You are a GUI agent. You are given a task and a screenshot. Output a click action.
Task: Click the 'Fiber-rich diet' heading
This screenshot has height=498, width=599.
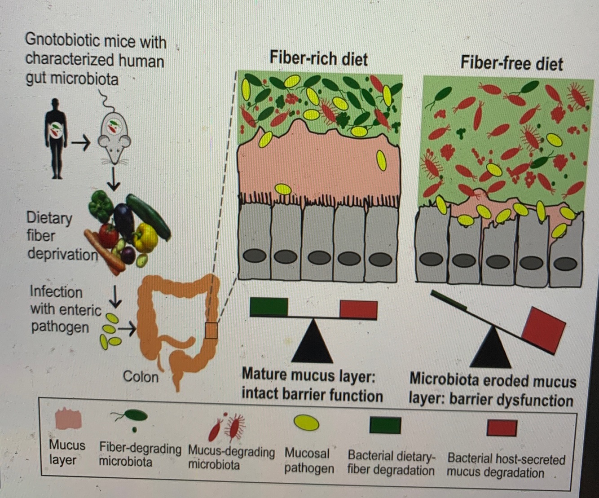(x=318, y=59)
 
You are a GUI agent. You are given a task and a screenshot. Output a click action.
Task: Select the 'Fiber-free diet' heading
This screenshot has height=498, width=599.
(x=511, y=63)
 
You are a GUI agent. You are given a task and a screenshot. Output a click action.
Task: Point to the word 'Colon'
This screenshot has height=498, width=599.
(x=141, y=376)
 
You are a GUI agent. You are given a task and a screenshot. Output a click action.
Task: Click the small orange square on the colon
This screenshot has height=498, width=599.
(x=211, y=331)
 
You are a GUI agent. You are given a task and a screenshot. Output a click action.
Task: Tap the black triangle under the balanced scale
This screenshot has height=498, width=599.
(x=312, y=342)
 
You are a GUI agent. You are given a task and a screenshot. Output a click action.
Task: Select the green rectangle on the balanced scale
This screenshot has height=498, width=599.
(x=269, y=306)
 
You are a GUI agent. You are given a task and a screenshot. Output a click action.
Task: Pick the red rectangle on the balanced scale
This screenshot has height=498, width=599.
(x=358, y=309)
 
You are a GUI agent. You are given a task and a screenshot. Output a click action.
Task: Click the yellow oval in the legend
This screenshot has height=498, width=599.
(x=306, y=423)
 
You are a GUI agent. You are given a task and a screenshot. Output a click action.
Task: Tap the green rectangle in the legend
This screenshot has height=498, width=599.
(x=385, y=425)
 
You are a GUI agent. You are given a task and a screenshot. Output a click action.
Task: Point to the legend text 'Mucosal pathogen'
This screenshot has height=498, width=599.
(x=309, y=461)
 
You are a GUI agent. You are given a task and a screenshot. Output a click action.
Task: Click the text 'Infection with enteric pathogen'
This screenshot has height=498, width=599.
(x=65, y=309)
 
